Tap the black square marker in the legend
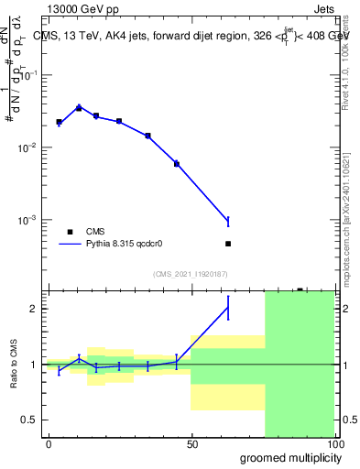pos(70,232)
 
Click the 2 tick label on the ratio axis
pos(34,309)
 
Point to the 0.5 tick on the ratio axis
pos(30,420)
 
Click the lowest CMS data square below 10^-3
pos(228,244)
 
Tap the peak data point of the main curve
pos(79,108)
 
